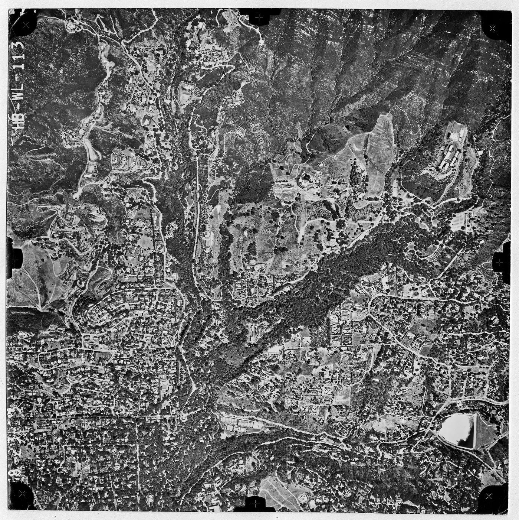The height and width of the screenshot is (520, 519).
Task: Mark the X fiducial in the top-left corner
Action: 25,25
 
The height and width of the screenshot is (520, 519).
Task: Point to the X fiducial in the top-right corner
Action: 492,28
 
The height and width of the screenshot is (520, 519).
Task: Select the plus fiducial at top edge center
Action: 259,17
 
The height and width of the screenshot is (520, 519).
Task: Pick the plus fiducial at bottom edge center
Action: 255,503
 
